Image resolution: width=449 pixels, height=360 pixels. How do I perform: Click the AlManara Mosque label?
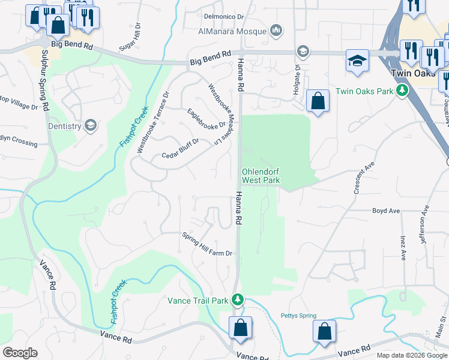tap(234, 30)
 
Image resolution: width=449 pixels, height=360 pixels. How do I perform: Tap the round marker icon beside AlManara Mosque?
tap(276, 30)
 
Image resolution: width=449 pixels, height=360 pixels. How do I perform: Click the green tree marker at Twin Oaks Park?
tap(402, 91)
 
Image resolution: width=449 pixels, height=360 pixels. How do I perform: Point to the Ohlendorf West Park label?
tap(261, 175)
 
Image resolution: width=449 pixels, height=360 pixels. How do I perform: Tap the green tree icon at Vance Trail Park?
tap(238, 299)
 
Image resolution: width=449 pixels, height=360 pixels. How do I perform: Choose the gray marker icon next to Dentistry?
tap(91, 125)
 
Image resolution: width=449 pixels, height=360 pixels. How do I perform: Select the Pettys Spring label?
tap(298, 316)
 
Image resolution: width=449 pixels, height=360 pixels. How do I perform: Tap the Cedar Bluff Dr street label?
tap(180, 149)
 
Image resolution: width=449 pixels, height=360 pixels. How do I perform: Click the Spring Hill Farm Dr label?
tap(207, 244)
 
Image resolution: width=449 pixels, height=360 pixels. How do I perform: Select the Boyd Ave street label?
tap(386, 211)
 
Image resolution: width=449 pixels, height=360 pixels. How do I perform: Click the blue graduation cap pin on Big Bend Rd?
tap(357, 61)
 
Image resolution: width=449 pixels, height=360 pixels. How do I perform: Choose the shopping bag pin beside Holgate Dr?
tap(318, 101)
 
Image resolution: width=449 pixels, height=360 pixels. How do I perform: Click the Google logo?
tap(20, 353)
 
